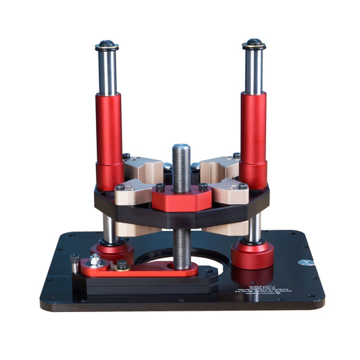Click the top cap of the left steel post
107,45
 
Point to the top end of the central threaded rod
180,148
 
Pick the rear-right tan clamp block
218,167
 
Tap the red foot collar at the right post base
252,255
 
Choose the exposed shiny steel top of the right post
253,71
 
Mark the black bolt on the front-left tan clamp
120,187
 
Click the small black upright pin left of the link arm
74,261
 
